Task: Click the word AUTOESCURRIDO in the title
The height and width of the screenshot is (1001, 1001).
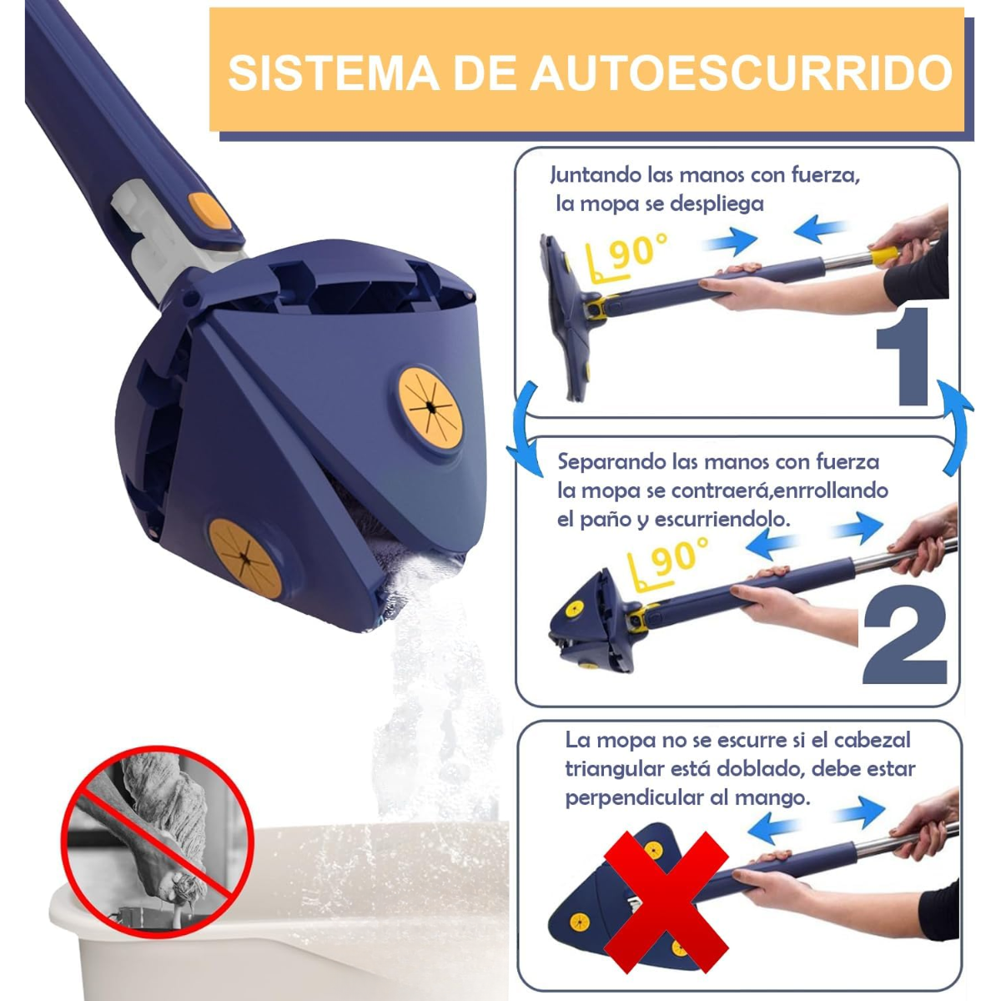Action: coord(742,73)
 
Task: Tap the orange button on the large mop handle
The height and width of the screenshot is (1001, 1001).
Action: coord(210,211)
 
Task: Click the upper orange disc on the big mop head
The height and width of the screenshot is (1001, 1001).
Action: coord(430,408)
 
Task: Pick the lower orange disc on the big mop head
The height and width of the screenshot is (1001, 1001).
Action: coord(245,557)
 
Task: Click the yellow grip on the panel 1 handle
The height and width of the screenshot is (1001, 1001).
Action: coord(883,255)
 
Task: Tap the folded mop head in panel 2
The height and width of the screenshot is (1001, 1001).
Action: coord(592,621)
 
